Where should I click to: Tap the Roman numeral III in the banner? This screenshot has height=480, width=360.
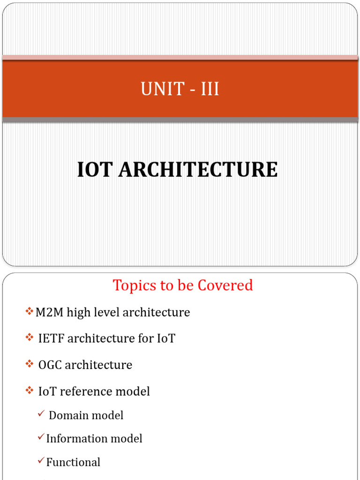click(x=210, y=89)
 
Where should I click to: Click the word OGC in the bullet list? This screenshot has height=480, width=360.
click(x=50, y=365)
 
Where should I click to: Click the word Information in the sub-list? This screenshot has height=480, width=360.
click(x=74, y=439)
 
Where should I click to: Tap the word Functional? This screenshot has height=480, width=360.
click(x=73, y=462)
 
